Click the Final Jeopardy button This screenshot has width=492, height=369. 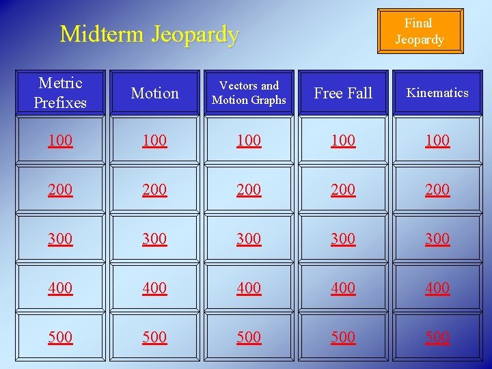420,31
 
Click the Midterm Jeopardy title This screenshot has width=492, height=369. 150,33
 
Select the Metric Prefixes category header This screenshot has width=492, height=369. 60,93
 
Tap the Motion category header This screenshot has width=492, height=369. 154,93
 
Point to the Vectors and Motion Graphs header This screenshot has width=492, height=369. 249,93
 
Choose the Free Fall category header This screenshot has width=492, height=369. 343,93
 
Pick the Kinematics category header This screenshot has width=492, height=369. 437,93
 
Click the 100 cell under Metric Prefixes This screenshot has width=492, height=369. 60,140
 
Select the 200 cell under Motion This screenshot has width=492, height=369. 154,189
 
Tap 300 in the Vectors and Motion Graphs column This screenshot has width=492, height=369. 249,238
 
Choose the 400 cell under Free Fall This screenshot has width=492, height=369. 343,288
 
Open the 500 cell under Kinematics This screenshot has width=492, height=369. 437,337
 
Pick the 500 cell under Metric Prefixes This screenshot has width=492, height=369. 60,337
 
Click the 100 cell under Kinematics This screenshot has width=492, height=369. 437,140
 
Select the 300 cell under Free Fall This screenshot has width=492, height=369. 343,238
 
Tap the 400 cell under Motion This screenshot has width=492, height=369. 154,288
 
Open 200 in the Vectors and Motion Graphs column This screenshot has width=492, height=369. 249,189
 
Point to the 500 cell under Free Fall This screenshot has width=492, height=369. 343,337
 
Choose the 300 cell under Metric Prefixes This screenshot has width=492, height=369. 60,238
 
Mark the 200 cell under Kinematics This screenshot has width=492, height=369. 437,189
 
